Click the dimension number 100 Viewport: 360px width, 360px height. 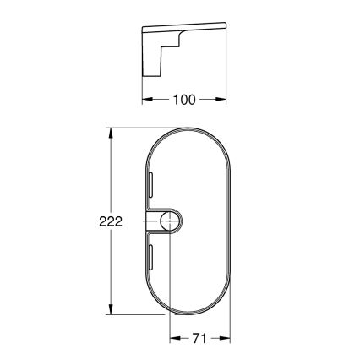pyautogui.click(x=184, y=100)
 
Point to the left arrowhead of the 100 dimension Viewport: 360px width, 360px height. pyautogui.click(x=145, y=100)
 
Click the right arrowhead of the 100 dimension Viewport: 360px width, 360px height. pyautogui.click(x=224, y=100)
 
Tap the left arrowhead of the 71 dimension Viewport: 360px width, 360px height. pyautogui.click(x=173, y=338)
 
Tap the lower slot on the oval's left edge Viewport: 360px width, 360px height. pyautogui.click(x=150, y=258)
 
